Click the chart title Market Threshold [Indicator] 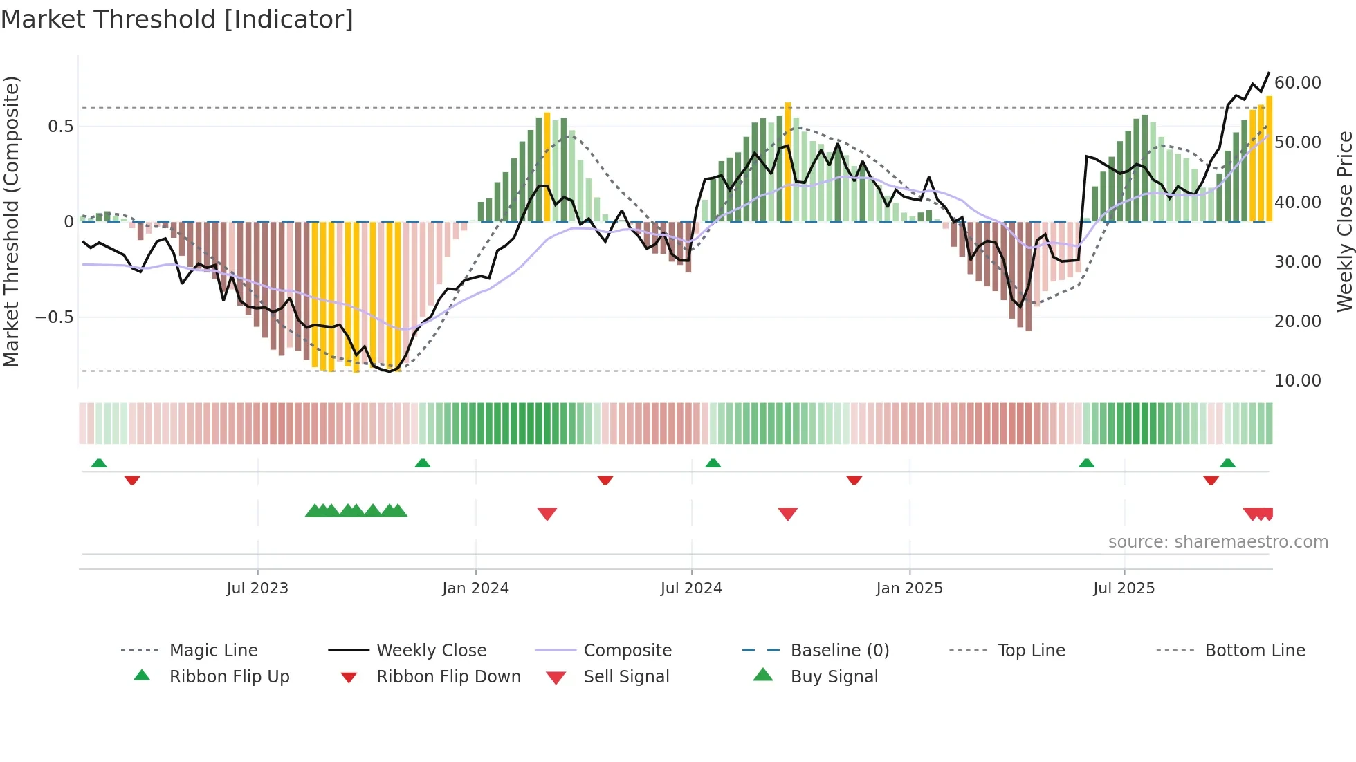pos(177,19)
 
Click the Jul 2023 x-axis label pos(257,588)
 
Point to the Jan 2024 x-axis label pos(475,588)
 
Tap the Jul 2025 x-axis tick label pos(1124,588)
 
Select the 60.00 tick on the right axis pos(1297,83)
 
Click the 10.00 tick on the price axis pos(1297,381)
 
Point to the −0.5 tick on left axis pos(54,317)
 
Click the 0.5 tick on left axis pos(60,127)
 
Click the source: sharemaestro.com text pos(1218,542)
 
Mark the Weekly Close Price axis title pos(1344,221)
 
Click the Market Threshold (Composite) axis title pos(11,221)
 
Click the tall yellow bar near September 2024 pos(788,162)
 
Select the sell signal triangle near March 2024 pos(547,514)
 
